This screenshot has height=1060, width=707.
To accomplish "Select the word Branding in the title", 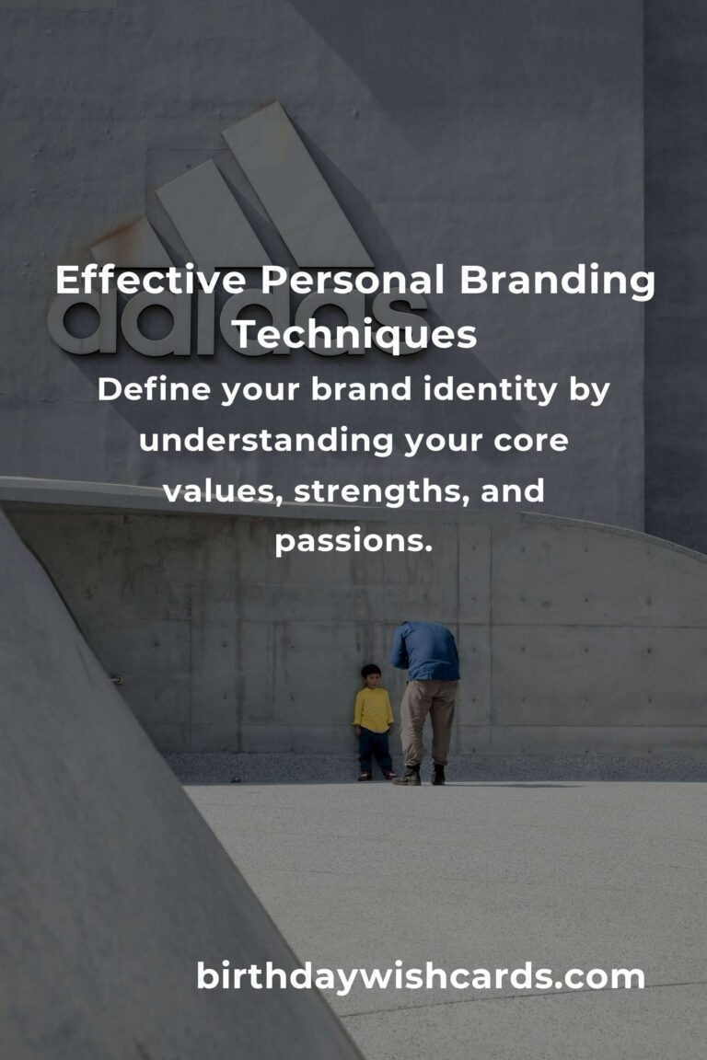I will pos(558,282).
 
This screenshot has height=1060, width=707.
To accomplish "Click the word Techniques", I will pos(353,336).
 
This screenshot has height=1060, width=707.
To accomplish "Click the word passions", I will pos(353,542).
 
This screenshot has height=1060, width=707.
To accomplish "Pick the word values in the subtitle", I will pos(224,491).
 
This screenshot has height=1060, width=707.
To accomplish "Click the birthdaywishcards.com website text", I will pos(421,976).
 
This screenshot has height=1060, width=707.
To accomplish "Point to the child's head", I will pos(371,674).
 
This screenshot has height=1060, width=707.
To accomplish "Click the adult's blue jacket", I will pos(426,651).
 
